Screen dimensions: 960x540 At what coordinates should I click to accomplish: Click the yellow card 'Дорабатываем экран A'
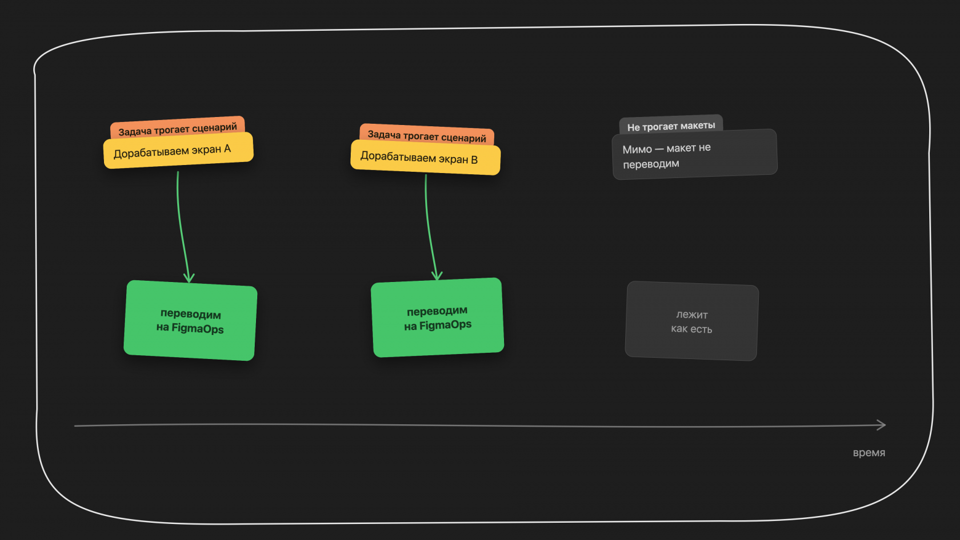178,151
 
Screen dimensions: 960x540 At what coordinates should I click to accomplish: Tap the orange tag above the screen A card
177,127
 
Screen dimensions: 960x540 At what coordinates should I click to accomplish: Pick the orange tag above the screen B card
427,134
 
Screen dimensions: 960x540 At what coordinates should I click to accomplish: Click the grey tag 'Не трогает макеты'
671,124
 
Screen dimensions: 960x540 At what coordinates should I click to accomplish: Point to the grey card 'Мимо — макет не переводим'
695,155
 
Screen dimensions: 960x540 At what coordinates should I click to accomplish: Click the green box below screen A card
190,320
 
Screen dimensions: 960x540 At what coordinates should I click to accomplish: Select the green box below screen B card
438,317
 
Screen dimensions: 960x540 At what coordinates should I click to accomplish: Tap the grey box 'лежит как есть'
692,321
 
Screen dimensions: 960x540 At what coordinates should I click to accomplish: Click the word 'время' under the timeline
869,453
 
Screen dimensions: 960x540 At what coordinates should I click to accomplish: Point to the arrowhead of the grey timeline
884,425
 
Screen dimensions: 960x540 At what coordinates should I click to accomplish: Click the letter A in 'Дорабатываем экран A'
226,149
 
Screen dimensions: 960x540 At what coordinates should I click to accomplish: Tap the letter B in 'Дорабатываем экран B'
474,160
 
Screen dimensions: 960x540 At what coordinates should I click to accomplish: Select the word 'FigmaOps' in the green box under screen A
198,329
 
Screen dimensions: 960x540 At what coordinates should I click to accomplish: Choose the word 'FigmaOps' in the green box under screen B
446,325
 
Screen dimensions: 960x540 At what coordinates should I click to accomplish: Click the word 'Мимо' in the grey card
637,150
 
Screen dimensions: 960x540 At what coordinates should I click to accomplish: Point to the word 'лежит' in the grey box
692,315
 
